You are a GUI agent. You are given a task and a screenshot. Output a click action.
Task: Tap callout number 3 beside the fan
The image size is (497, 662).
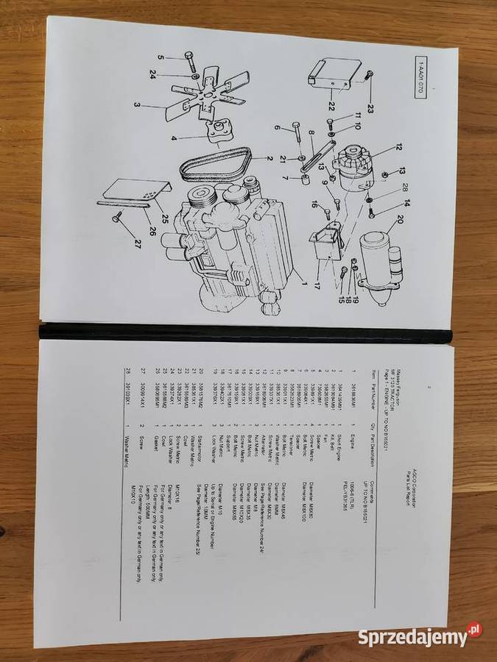click(x=137, y=104)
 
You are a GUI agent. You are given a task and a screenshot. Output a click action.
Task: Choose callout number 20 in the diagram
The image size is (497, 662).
click(x=398, y=218)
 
